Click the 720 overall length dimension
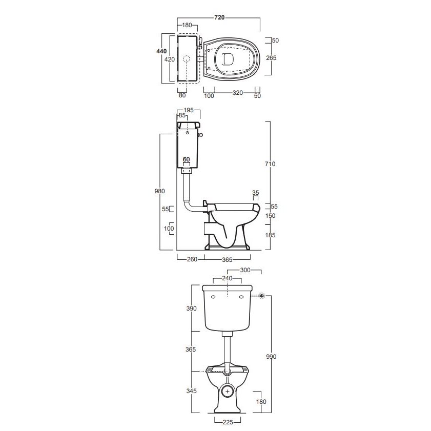click(x=219, y=17)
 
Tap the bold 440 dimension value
click(x=161, y=51)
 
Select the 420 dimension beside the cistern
click(x=170, y=59)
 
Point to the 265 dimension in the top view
click(x=271, y=58)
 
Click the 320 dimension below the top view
click(x=237, y=93)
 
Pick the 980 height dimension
click(x=160, y=191)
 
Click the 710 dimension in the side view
click(x=270, y=164)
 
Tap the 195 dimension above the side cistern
click(x=189, y=110)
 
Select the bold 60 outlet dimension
click(x=186, y=159)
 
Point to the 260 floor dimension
click(x=192, y=259)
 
